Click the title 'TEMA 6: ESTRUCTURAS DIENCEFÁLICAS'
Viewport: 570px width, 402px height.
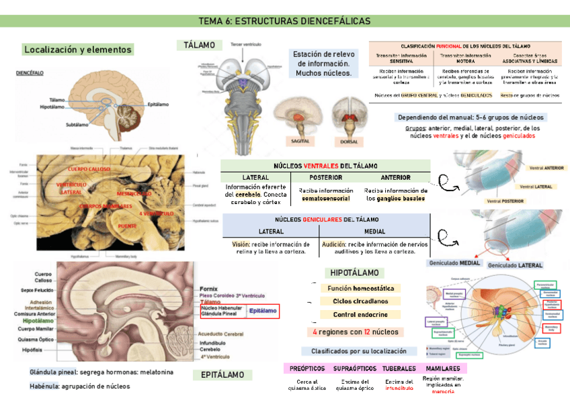tap(284, 21)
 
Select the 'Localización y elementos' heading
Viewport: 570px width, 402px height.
tap(78, 50)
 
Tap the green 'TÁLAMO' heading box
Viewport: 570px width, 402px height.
tap(200, 46)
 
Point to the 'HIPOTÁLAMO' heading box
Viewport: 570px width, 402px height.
tap(354, 273)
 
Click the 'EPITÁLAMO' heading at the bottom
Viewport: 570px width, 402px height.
tap(223, 376)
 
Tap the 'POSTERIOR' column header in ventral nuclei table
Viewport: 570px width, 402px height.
tap(326, 177)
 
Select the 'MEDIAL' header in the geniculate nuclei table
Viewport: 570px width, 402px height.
tap(374, 231)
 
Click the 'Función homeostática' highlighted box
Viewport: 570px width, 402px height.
tap(360, 289)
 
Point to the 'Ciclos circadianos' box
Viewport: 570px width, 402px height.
tap(360, 301)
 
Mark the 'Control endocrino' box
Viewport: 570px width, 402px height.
tap(360, 315)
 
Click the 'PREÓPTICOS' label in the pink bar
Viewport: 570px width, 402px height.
tap(307, 368)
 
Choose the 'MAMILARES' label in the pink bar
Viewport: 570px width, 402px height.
tap(443, 368)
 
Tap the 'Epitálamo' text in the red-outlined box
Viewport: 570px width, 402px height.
tap(262, 311)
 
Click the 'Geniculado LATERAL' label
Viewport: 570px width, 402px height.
tap(515, 266)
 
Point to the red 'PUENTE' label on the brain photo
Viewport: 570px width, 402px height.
tap(127, 227)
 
